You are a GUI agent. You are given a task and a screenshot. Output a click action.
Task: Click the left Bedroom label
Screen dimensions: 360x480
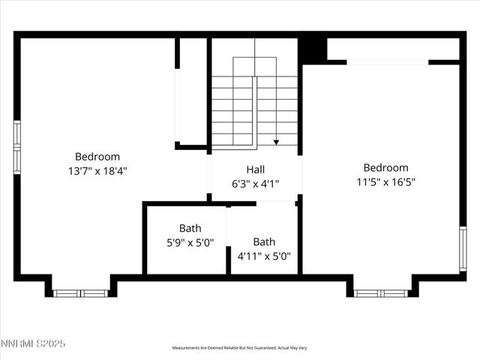click(97, 157)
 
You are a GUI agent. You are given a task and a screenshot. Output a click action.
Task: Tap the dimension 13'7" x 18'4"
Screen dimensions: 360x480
click(97, 170)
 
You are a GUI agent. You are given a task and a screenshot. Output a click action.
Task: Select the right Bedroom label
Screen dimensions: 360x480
click(386, 168)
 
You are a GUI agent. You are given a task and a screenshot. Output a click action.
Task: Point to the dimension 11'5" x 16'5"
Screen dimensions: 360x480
click(386, 181)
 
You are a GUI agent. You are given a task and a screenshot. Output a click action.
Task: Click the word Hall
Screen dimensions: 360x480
click(255, 170)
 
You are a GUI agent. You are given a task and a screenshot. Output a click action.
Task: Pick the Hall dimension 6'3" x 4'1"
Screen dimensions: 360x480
click(255, 184)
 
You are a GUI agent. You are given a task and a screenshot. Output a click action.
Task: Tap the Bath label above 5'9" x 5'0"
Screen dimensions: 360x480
click(190, 229)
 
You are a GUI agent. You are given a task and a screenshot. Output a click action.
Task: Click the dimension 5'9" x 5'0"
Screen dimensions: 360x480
click(190, 242)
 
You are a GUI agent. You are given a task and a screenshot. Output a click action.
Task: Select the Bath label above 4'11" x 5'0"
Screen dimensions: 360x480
click(264, 241)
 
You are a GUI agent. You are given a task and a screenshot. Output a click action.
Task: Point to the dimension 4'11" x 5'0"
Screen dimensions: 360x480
click(264, 256)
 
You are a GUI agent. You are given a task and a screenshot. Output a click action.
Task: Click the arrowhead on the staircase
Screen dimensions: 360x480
click(276, 142)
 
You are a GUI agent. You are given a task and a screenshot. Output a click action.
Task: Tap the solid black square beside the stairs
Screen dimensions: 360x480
click(313, 49)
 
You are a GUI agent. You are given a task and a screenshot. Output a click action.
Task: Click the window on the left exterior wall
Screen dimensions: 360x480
click(16, 147)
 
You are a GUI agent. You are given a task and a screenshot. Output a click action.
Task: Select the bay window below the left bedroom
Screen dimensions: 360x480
click(81, 292)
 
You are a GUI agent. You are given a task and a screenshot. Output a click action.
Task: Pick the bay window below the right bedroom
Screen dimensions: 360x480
click(381, 292)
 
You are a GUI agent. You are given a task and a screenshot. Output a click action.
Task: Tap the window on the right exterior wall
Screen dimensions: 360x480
click(463, 249)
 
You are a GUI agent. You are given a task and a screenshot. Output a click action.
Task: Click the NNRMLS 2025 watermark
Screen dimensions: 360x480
click(33, 343)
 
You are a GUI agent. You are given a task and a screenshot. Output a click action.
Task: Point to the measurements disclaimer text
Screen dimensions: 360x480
click(240, 348)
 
